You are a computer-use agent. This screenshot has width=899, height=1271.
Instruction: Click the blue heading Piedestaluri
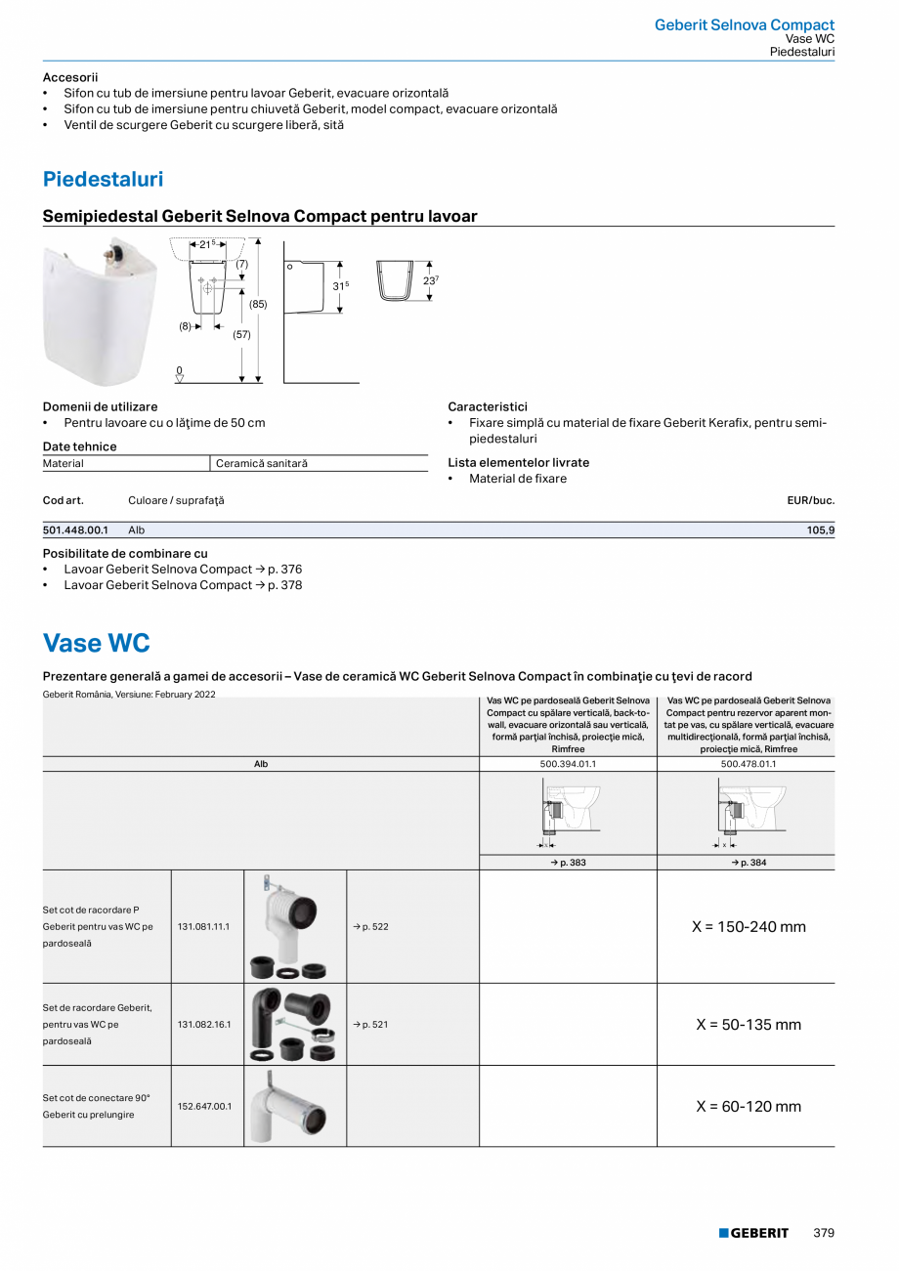click(103, 180)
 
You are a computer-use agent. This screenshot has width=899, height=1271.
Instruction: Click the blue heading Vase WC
click(96, 643)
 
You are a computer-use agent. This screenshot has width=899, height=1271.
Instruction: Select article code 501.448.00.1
click(75, 530)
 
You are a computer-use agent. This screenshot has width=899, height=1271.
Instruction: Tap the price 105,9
click(819, 530)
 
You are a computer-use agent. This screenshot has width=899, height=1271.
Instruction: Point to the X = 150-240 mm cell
click(748, 926)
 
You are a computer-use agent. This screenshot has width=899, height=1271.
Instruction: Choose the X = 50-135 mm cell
click(748, 1025)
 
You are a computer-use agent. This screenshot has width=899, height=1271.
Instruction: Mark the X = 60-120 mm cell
click(748, 1107)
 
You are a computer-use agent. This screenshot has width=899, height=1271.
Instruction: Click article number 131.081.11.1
click(203, 926)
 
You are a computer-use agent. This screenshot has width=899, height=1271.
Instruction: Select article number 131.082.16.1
click(203, 1025)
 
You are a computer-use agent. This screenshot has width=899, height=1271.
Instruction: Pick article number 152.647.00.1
click(203, 1107)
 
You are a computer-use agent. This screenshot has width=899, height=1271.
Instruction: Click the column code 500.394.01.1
click(568, 764)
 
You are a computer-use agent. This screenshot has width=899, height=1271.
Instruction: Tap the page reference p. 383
click(568, 863)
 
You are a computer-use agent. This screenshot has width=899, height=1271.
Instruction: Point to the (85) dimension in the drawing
click(258, 304)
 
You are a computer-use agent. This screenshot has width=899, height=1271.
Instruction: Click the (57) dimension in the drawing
click(241, 334)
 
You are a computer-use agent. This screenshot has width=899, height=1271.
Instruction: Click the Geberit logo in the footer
click(753, 1233)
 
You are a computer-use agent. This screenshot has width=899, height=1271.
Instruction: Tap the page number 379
click(824, 1233)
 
